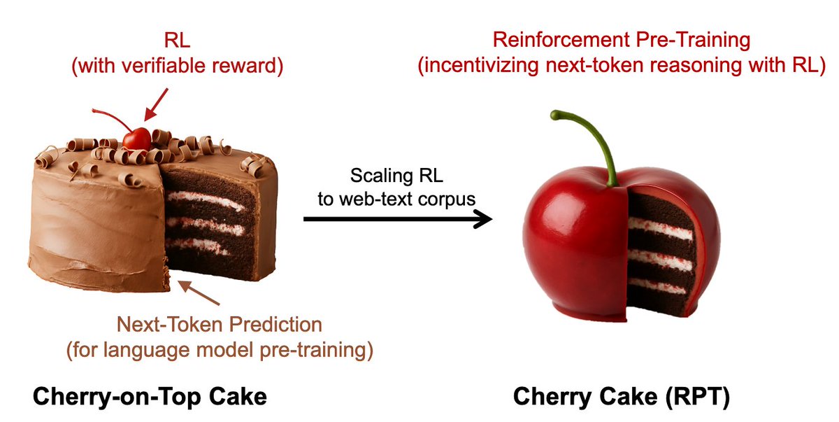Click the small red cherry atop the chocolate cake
(136, 138)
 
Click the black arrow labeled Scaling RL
(398, 220)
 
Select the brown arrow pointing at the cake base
(199, 293)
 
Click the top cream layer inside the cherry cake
(660, 227)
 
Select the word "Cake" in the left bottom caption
(238, 397)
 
